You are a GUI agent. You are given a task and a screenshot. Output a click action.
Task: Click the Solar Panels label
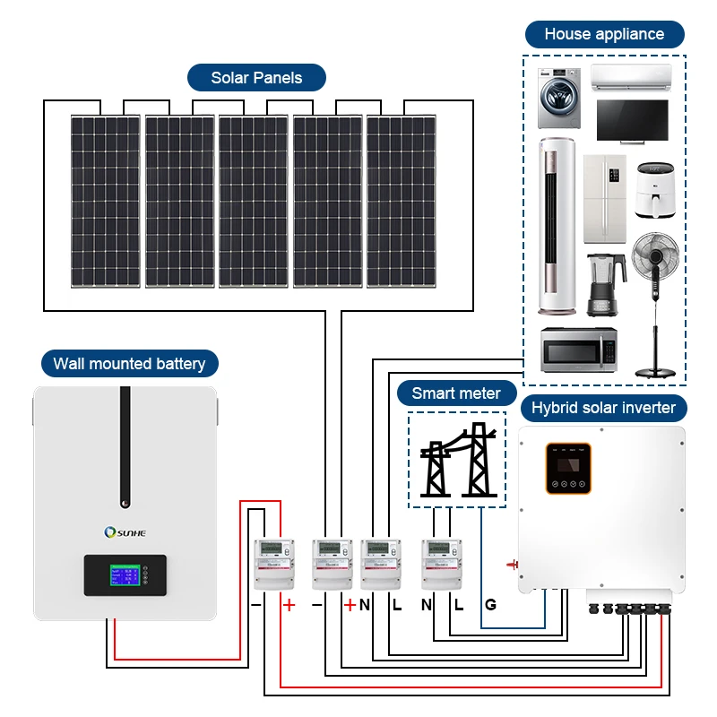click(x=256, y=78)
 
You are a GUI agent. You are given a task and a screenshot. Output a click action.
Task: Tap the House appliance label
click(x=604, y=34)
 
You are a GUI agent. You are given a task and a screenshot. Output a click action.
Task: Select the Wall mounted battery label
click(x=129, y=363)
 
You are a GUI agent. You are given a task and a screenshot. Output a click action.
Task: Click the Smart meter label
click(x=456, y=393)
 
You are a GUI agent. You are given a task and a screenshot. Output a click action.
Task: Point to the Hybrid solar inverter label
click(x=603, y=408)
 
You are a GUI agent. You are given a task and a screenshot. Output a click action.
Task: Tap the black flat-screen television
click(x=632, y=121)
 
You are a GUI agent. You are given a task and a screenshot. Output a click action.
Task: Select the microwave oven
click(x=579, y=350)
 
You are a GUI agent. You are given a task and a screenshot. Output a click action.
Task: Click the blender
click(x=600, y=284)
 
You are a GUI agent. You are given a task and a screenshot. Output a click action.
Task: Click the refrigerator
click(x=604, y=199)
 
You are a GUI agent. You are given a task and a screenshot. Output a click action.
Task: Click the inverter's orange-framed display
click(x=568, y=467)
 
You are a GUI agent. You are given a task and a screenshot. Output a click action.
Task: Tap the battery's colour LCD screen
click(x=125, y=574)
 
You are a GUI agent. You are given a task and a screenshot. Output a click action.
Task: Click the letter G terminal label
click(x=490, y=605)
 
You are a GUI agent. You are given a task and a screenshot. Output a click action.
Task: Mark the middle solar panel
click(x=254, y=202)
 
